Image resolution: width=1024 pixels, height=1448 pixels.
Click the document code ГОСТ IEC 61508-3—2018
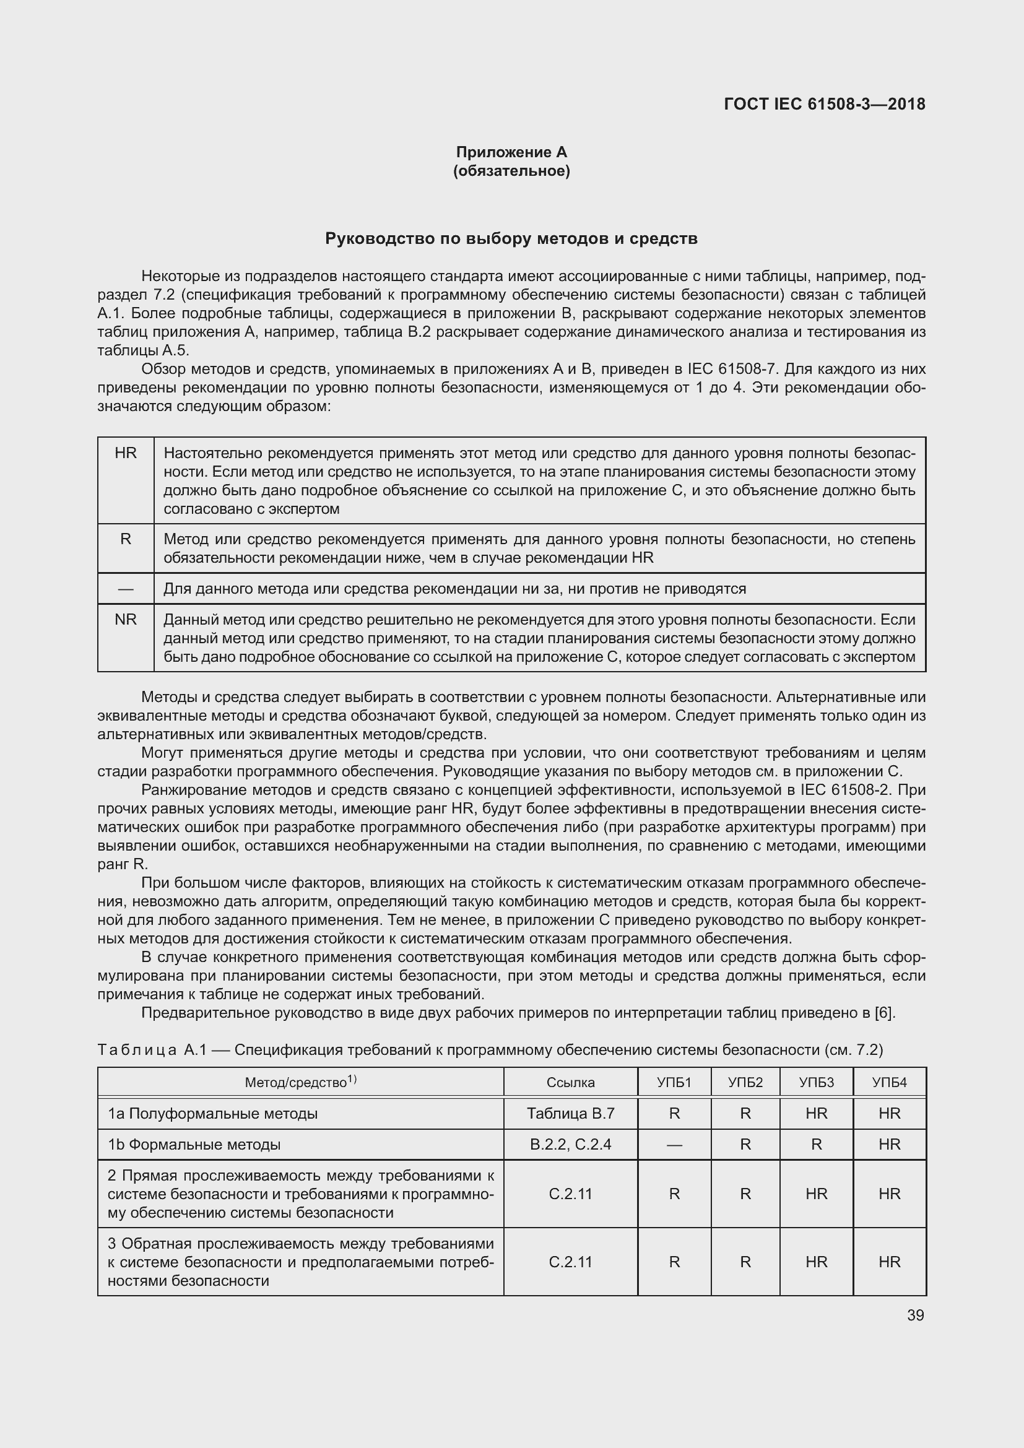point(824,104)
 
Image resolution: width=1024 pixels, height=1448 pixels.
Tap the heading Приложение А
point(511,152)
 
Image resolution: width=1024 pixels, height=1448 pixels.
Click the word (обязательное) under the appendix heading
point(511,171)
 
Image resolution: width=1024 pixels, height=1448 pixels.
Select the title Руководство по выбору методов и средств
point(511,238)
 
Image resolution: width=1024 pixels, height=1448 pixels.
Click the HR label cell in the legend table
point(126,453)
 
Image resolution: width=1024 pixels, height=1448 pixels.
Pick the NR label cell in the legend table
point(126,619)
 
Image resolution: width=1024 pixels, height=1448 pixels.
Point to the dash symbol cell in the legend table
point(126,589)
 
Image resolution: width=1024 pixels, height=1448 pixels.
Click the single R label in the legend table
point(126,539)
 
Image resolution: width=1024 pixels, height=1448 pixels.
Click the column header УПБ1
point(674,1083)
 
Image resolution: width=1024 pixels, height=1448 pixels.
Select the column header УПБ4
point(889,1083)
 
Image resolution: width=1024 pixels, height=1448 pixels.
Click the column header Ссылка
point(571,1083)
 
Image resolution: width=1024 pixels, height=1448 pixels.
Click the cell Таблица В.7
point(571,1114)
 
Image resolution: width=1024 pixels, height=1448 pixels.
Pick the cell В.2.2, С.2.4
point(571,1145)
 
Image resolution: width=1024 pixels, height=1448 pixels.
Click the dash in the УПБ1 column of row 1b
point(674,1145)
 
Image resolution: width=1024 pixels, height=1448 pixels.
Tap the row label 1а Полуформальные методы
point(212,1114)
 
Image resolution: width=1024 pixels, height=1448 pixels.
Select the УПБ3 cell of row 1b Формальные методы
point(816,1145)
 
